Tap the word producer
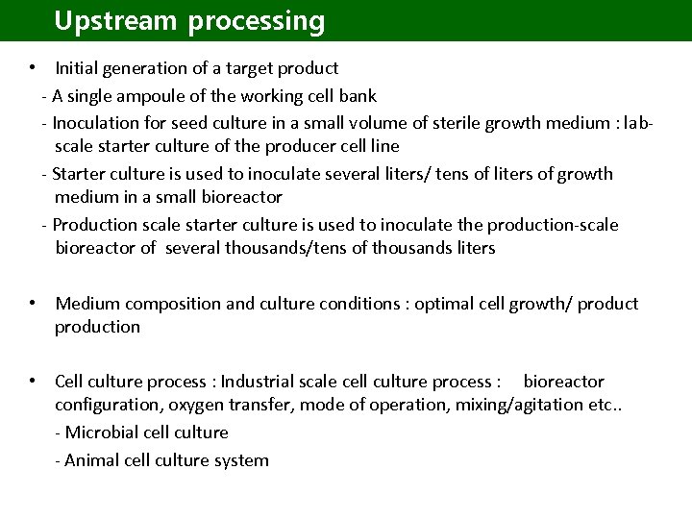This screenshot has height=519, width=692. pyautogui.click(x=304, y=146)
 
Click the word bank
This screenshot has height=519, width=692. pyautogui.click(x=359, y=96)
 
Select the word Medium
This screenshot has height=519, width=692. pyautogui.click(x=87, y=304)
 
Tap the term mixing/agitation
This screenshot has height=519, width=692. pyautogui.click(x=512, y=405)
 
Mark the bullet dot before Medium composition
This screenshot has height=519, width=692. pyautogui.click(x=33, y=303)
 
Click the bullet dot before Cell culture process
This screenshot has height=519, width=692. pyautogui.click(x=33, y=381)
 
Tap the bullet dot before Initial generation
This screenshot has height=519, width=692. pyautogui.click(x=33, y=67)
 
